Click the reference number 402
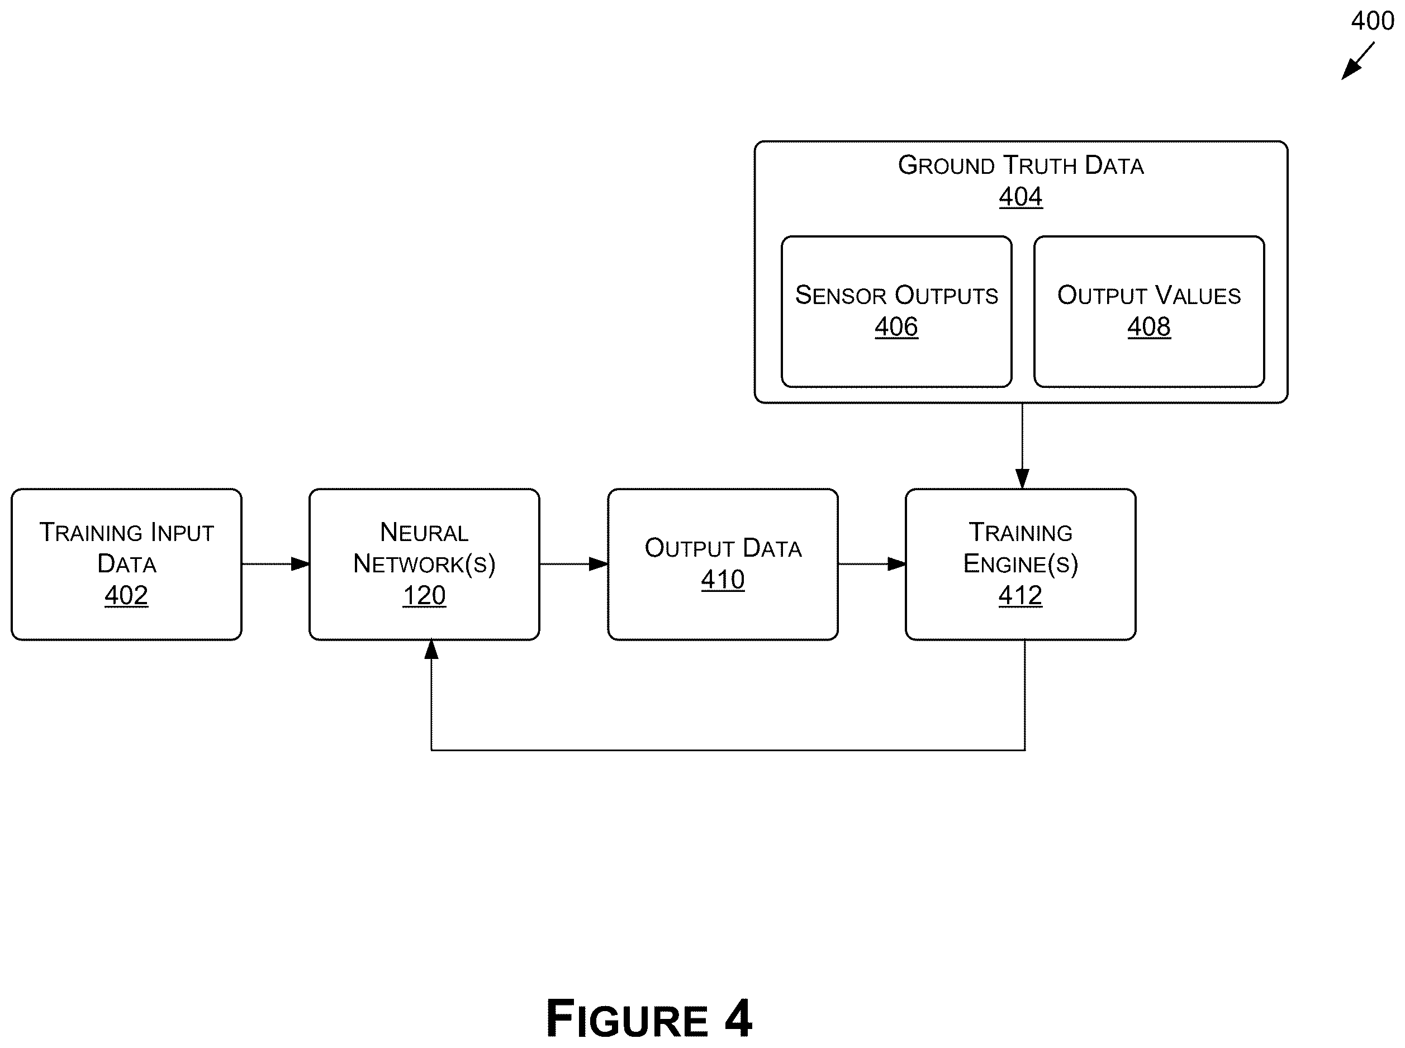(126, 595)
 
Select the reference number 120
(424, 595)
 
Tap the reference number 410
(723, 579)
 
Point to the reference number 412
(1020, 595)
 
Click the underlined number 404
(1020, 196)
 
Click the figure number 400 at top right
(1372, 21)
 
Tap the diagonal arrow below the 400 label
(1358, 61)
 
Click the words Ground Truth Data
(1020, 165)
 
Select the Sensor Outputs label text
(896, 295)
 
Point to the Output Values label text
(1148, 295)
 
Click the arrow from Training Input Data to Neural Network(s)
(276, 563)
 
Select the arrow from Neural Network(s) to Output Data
(573, 563)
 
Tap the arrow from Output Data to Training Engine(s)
(871, 563)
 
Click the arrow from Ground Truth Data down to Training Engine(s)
(1022, 445)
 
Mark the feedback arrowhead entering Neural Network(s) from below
(431, 649)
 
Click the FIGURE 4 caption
(649, 1018)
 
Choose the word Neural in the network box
(424, 532)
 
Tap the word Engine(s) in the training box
(1020, 563)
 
